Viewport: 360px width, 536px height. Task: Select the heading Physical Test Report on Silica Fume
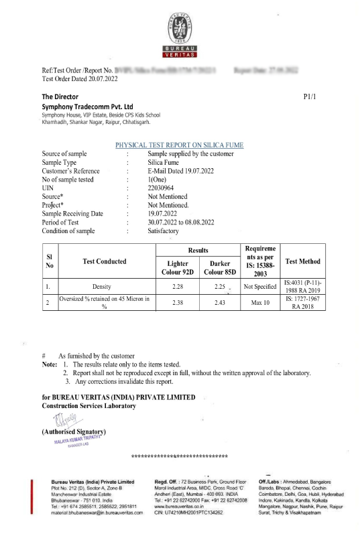(x=180, y=145)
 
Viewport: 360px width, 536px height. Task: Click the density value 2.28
(x=178, y=286)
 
